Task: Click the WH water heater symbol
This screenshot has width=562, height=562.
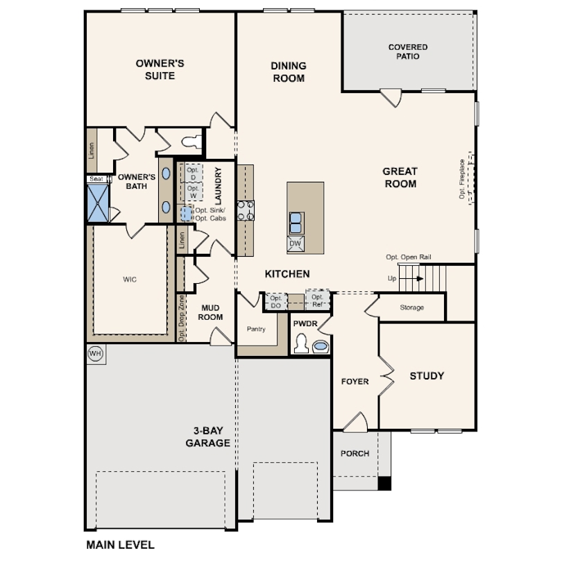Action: pyautogui.click(x=95, y=354)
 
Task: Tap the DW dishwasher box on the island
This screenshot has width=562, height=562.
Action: pyautogui.click(x=296, y=244)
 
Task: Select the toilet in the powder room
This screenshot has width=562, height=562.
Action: pyautogui.click(x=301, y=343)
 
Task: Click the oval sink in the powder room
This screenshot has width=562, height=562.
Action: pyautogui.click(x=321, y=347)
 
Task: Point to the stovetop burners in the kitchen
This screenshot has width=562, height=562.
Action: pyautogui.click(x=246, y=210)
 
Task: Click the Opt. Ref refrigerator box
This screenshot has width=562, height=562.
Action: pyautogui.click(x=318, y=300)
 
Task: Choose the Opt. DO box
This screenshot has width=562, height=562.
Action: pyautogui.click(x=276, y=301)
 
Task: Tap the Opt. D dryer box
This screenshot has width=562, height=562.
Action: pyautogui.click(x=194, y=173)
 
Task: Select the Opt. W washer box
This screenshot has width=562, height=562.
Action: pyautogui.click(x=194, y=191)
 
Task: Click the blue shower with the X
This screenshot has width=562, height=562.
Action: pyautogui.click(x=99, y=203)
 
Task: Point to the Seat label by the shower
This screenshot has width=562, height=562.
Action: pyautogui.click(x=96, y=179)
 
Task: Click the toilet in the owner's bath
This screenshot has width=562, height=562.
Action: pyautogui.click(x=191, y=142)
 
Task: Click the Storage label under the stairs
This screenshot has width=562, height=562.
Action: pyautogui.click(x=412, y=307)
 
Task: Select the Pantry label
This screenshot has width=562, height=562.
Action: pyautogui.click(x=256, y=329)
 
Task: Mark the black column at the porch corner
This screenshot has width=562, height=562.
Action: pyautogui.click(x=384, y=483)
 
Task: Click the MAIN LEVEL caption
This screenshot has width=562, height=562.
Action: pyautogui.click(x=121, y=545)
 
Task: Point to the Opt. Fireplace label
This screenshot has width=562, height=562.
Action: pyautogui.click(x=462, y=179)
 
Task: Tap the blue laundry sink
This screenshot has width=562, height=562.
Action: pyautogui.click(x=186, y=214)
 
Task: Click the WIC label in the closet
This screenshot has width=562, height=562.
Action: pyautogui.click(x=130, y=280)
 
